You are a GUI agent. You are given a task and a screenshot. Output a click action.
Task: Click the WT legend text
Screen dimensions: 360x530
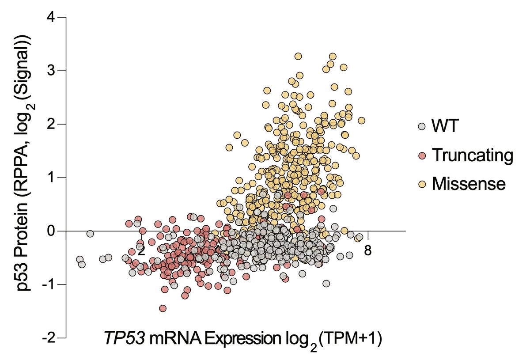pos(446,127)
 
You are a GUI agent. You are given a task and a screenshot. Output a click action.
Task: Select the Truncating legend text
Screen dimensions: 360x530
pos(473,155)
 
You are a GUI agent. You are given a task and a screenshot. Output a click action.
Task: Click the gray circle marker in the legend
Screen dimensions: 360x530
pos(422,127)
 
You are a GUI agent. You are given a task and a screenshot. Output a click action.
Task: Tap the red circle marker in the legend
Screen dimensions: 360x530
pos(422,155)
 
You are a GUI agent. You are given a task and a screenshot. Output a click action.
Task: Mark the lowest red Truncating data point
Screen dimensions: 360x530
pos(163,308)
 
